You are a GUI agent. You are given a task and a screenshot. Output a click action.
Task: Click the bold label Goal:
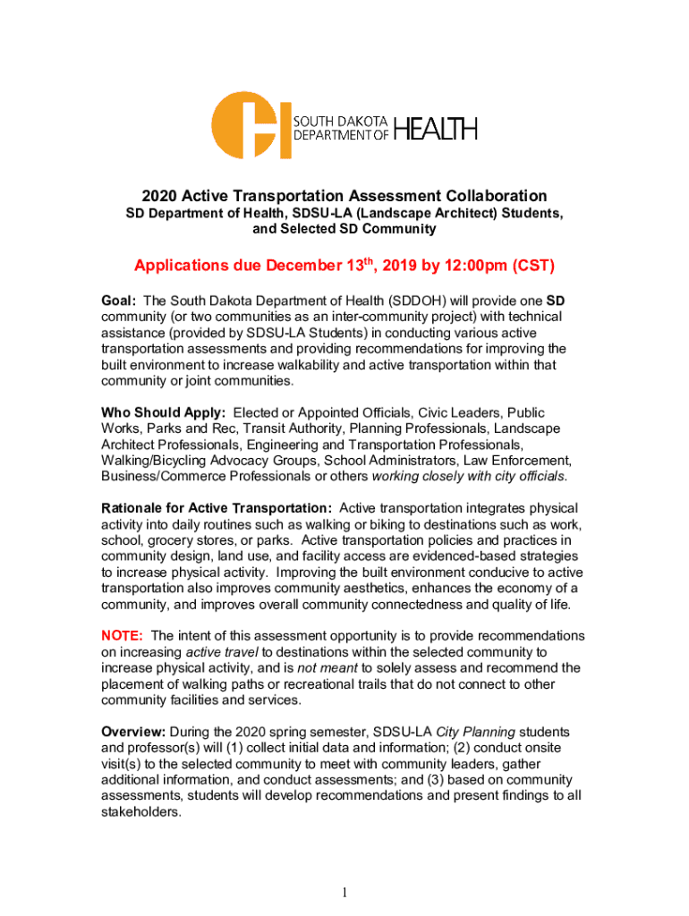[x=119, y=301]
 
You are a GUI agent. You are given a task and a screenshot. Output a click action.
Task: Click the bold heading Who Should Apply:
[x=164, y=412]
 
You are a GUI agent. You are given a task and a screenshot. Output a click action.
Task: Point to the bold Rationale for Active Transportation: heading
[x=217, y=508]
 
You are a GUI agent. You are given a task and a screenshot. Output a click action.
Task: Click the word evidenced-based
[x=419, y=556]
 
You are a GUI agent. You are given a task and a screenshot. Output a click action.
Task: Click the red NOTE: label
[x=122, y=636]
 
